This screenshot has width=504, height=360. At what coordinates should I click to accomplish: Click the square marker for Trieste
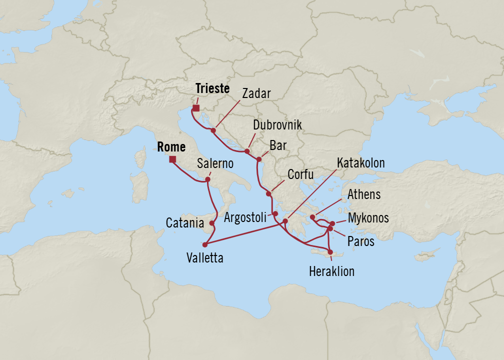tap(196, 108)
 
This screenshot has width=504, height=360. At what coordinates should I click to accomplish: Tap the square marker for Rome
tap(172, 159)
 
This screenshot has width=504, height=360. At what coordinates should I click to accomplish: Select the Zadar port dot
tap(213, 130)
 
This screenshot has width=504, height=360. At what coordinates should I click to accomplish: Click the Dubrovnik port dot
tap(247, 150)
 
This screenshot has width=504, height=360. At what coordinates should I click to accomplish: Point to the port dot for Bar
tap(258, 159)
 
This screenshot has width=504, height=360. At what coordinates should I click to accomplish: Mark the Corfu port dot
tap(268, 193)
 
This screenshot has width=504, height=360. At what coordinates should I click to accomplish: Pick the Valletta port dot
tap(204, 245)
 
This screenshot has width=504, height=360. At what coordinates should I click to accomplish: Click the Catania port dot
tap(212, 223)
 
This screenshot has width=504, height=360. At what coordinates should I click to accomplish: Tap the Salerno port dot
tap(207, 179)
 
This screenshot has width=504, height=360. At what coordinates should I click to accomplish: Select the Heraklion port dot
tap(330, 252)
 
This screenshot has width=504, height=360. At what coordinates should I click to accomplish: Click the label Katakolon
tap(360, 163)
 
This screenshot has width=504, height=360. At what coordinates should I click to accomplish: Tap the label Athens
tap(364, 194)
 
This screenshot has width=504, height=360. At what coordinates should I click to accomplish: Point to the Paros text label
tap(361, 241)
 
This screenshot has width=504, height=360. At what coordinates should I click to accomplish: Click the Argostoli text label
tap(245, 217)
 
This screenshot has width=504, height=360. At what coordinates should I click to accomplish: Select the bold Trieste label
tap(212, 89)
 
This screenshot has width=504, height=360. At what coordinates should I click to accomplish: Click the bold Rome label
tap(171, 147)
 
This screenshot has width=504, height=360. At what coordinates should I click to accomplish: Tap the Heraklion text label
tap(331, 271)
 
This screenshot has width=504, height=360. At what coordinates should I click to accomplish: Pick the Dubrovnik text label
tap(277, 125)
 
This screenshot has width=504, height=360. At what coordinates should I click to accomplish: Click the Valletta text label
tap(204, 258)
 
